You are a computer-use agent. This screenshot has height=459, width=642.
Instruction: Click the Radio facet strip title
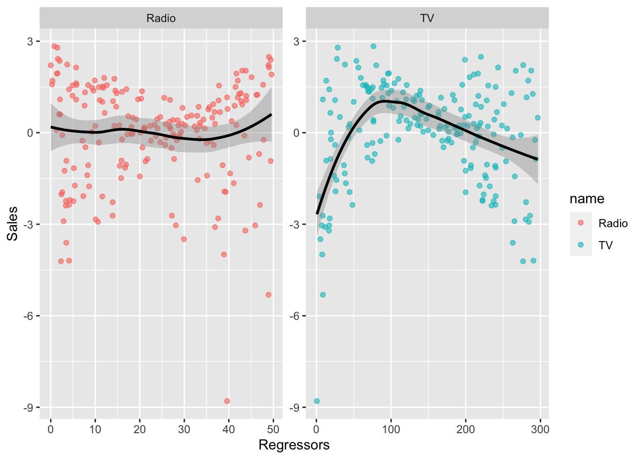pos(161,18)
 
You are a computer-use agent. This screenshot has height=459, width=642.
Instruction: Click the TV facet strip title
pos(427,18)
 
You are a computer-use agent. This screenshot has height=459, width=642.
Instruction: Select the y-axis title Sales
pos(12,223)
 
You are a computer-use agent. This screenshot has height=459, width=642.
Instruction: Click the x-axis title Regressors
pos(294,445)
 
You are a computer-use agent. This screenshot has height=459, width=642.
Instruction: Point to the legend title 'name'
pos(587,199)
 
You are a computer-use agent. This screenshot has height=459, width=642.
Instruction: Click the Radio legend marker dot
pos(581,223)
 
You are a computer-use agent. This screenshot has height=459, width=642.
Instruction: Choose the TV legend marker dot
pos(581,245)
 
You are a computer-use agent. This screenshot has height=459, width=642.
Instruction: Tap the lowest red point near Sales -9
pos(227,401)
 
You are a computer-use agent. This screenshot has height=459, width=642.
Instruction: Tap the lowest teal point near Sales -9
pos(317,401)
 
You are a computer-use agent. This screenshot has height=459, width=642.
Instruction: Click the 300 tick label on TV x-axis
pos(540,429)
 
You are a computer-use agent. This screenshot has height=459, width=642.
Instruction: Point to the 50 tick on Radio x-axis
pos(273,429)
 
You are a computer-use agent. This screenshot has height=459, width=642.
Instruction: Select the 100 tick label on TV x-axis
pos(391,429)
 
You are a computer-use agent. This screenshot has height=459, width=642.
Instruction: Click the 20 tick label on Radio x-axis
pos(140,429)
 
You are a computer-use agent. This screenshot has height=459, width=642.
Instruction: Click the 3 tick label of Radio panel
pos(30,41)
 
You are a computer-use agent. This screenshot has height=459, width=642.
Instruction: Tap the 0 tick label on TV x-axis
pos(316,429)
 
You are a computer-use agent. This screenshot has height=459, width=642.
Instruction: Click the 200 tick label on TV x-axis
pos(466,429)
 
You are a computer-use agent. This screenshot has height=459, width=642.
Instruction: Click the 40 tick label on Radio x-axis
pos(229,429)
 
